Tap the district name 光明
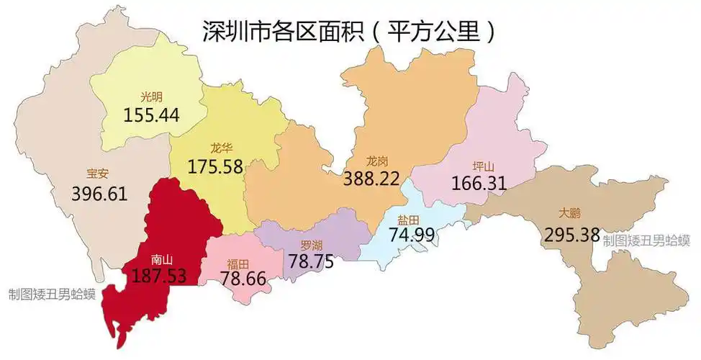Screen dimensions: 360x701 151,96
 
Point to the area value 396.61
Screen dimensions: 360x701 99,193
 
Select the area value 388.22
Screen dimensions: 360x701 371,178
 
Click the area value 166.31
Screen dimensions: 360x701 479,183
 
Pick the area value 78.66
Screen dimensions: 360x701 243,277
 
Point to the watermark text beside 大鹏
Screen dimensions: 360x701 646,240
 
